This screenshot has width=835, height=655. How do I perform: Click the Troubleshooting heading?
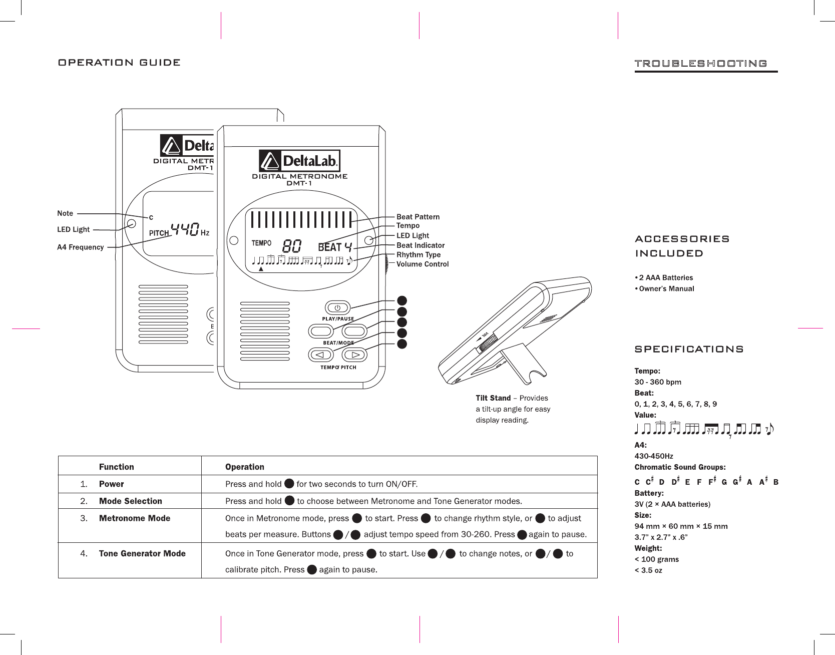[x=700, y=64]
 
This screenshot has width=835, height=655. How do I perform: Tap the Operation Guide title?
[x=119, y=63]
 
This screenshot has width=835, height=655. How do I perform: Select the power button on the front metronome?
[x=337, y=307]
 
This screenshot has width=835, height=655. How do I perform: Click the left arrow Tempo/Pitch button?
[x=321, y=355]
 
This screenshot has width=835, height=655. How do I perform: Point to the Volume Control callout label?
[x=423, y=264]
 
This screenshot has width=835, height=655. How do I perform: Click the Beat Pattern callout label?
[x=418, y=217]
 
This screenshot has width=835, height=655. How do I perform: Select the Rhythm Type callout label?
[x=419, y=254]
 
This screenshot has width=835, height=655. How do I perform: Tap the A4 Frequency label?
[x=81, y=247]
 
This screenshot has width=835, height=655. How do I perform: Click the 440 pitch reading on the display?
[x=185, y=230]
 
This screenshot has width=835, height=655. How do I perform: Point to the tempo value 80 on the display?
[x=292, y=246]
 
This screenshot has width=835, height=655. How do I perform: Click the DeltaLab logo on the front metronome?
[x=299, y=161]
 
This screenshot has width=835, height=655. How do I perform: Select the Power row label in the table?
[x=111, y=484]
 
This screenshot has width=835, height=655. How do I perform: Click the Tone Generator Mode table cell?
[x=142, y=553]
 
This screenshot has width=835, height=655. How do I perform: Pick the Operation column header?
[x=244, y=467]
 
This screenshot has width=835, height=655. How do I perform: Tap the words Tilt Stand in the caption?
[x=493, y=398]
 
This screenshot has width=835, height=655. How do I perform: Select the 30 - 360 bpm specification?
[x=658, y=382]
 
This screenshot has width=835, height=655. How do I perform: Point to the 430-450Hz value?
[x=654, y=456]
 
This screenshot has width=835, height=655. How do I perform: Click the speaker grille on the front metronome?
[x=265, y=331]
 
